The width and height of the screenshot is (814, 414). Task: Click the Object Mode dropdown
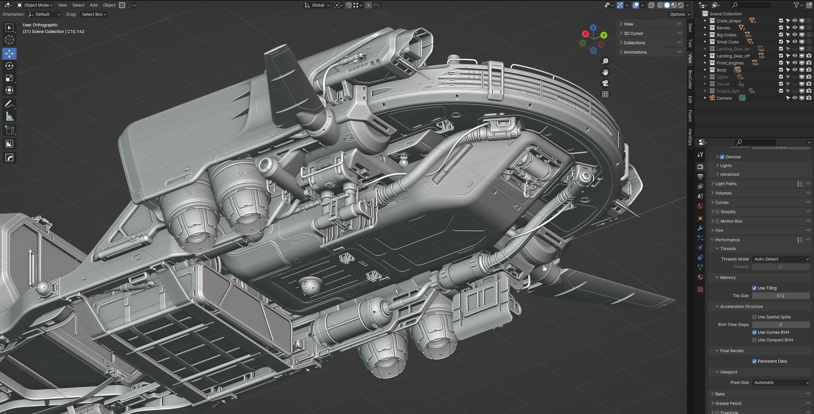coord(35,5)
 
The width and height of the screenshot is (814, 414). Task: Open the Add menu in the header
coord(94,5)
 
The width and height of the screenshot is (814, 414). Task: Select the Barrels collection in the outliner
coord(723,28)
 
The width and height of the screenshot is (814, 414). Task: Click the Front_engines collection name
coord(730,63)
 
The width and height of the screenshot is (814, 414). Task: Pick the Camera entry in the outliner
coord(724,98)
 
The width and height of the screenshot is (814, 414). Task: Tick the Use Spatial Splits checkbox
coord(754,317)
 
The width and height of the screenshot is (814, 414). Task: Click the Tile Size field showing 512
coord(780,296)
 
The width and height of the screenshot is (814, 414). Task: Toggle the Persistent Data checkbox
coord(754,361)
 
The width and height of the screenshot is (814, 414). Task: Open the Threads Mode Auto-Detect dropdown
coord(780,259)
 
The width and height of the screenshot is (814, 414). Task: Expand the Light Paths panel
coord(726,184)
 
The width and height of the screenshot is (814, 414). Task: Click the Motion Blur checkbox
coord(717,221)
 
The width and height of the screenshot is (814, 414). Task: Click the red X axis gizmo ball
coord(585,34)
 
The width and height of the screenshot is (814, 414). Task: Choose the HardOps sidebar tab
coord(690,137)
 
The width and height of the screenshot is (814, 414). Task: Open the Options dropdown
coord(680,14)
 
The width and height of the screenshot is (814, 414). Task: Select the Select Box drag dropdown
coord(94,14)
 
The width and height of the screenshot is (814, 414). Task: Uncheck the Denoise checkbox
coord(722,157)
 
